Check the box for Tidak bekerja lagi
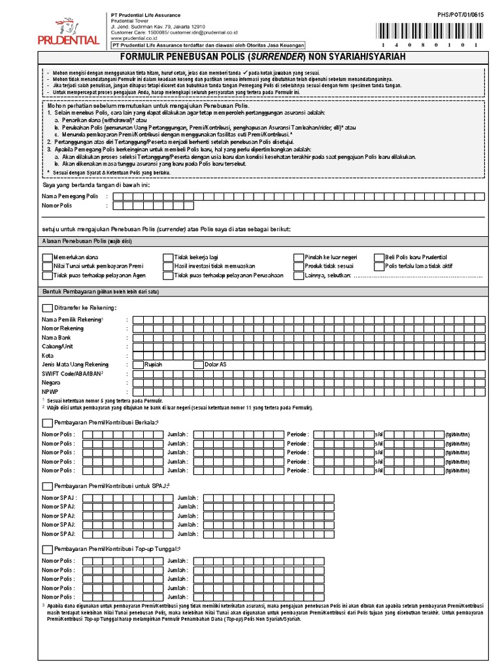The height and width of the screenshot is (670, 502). [x=169, y=258]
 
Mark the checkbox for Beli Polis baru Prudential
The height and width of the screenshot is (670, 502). [x=380, y=258]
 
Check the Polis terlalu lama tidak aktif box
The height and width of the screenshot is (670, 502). [x=380, y=267]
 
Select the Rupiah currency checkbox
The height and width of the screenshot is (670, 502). [x=138, y=364]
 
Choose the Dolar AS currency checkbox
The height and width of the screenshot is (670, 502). [x=199, y=364]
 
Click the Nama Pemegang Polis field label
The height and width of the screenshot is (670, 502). [x=70, y=196]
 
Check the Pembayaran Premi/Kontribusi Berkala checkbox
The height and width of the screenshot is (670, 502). [x=47, y=423]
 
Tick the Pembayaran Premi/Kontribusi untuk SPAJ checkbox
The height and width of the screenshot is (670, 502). [x=47, y=486]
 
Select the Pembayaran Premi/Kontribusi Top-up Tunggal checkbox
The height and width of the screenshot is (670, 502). [x=47, y=549]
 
